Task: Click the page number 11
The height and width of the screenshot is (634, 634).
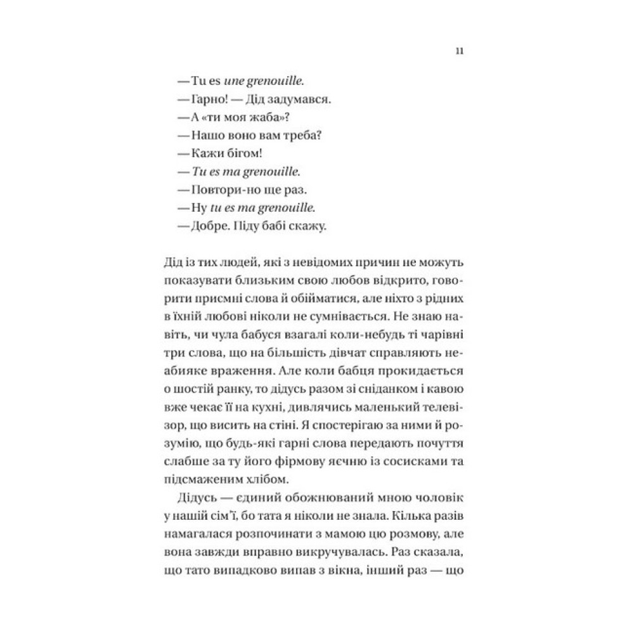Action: tap(458, 52)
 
